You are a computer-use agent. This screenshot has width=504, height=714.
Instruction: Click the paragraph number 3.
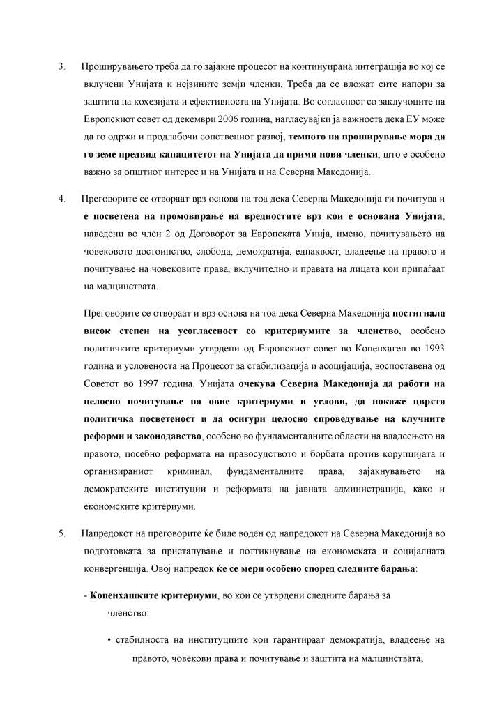click(61, 67)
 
